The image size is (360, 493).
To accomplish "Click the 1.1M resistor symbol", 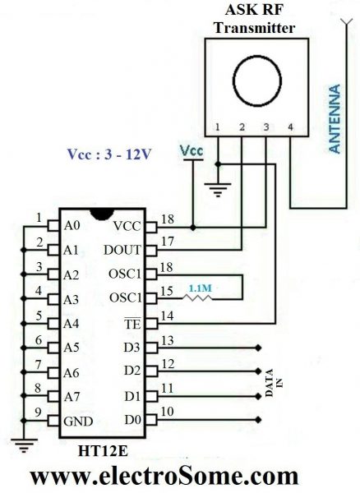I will [x=198, y=297].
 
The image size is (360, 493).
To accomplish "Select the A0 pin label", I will [x=72, y=224].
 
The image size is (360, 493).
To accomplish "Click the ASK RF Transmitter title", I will [x=252, y=19].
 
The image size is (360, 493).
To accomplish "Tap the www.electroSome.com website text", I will [x=164, y=476].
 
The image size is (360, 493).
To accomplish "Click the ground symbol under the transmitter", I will [x=218, y=191].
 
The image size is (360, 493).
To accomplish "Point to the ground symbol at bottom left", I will [x=24, y=448].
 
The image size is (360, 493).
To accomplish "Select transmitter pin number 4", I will [x=290, y=127].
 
